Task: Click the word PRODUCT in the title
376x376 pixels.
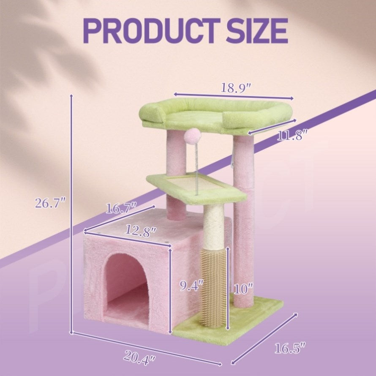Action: tap(152, 31)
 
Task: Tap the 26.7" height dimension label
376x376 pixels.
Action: tap(50, 203)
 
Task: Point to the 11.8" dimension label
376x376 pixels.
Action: tap(292, 136)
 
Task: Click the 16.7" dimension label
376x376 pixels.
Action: tap(121, 208)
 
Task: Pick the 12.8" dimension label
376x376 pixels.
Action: tap(141, 232)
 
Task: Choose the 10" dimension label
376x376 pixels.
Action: tap(243, 289)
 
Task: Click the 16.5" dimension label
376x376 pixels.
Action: tap(290, 348)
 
